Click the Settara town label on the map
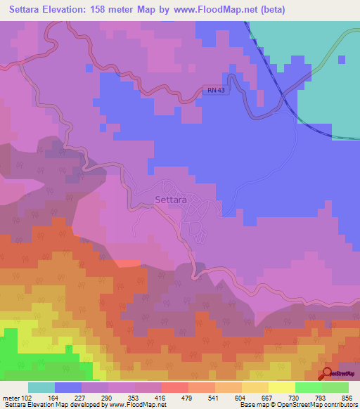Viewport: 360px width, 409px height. pos(169,200)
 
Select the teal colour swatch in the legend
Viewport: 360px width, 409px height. pos(41,387)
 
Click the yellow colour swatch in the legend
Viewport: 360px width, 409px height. pos(282,387)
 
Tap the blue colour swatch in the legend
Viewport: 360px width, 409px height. pos(68,387)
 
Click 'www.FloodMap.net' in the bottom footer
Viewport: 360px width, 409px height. pos(136,405)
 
